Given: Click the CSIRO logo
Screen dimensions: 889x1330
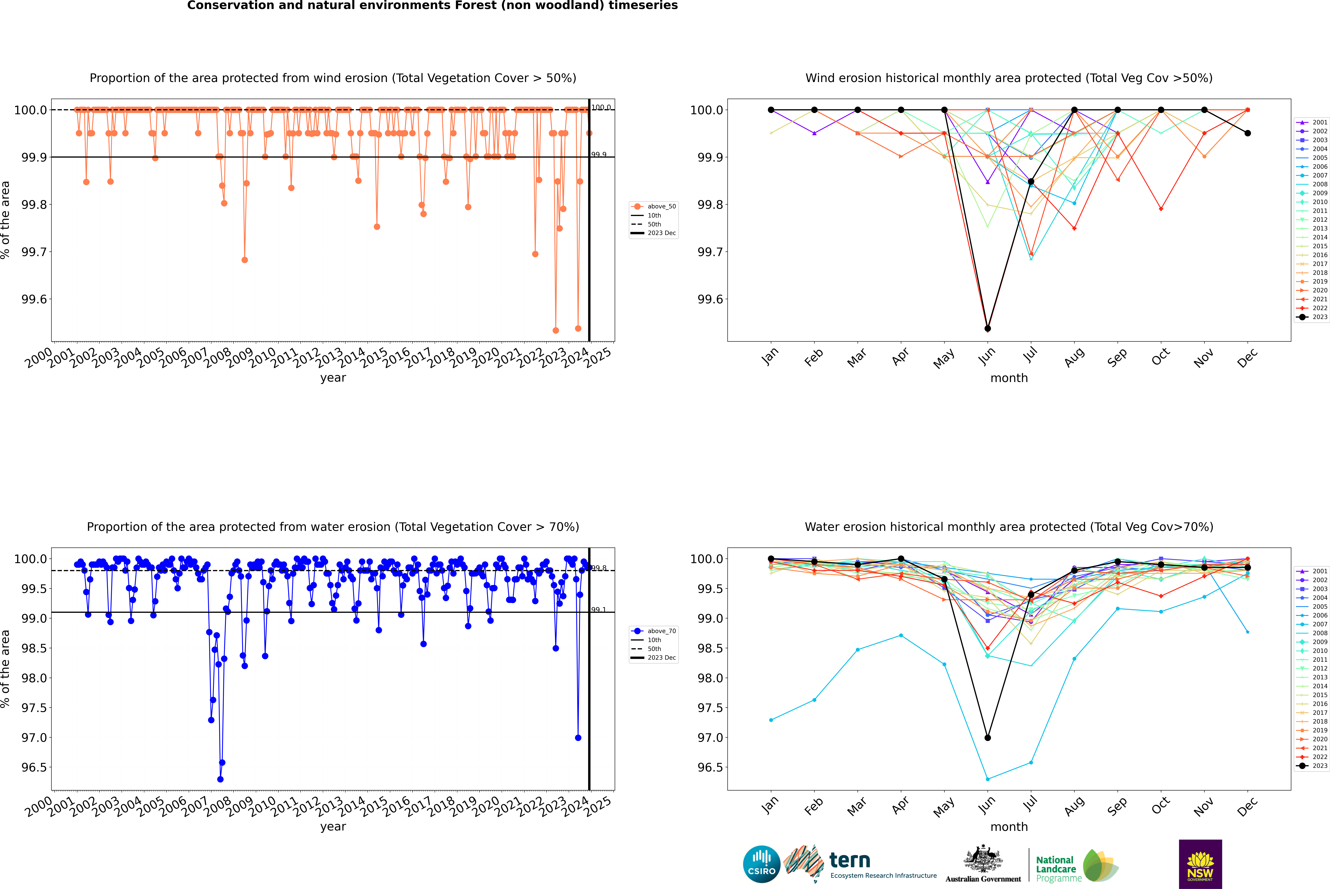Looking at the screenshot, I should [761, 864].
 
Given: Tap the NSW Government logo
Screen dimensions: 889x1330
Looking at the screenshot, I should [1200, 864].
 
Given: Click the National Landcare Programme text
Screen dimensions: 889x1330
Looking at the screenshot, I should [1056, 869].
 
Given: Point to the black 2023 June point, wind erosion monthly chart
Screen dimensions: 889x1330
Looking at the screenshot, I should [988, 328].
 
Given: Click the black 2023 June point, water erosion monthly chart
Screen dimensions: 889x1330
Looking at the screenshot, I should [988, 738].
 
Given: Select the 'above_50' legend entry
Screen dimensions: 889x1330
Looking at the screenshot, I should [661, 206].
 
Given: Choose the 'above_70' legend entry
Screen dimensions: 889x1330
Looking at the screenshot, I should [661, 631].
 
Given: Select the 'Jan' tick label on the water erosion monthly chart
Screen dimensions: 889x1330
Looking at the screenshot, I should [770, 806].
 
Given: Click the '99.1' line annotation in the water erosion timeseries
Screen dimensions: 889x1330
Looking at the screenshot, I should [599, 610].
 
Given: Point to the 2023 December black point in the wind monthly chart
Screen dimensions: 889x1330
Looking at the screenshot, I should [1247, 133].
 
